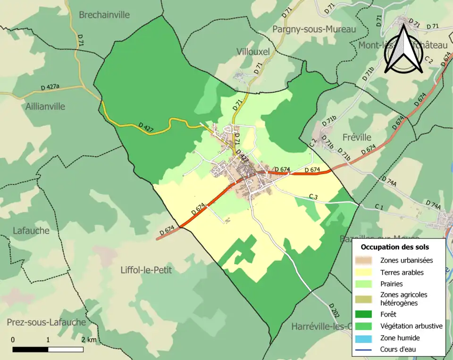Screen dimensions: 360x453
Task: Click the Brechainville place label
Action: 104,15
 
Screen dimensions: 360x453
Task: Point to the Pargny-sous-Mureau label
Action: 314,29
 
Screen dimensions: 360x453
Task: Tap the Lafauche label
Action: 31,231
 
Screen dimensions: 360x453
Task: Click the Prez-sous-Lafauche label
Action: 46,322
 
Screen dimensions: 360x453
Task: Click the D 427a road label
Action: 50,87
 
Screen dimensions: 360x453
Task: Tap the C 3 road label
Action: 313,196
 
